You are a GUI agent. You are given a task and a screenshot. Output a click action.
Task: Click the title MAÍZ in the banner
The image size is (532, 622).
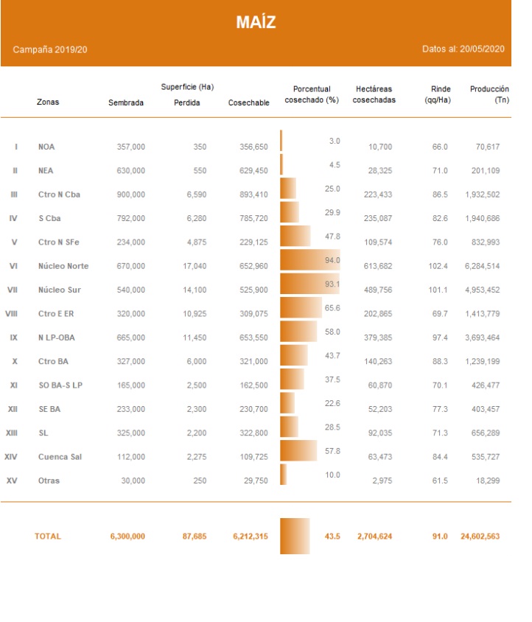pos(256,22)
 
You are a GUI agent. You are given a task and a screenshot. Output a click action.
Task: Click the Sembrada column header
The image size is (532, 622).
pos(126,102)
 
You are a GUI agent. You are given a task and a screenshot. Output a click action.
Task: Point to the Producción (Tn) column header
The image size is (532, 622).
pos(489,94)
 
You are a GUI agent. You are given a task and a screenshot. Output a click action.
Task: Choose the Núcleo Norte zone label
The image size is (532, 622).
pos(63,266)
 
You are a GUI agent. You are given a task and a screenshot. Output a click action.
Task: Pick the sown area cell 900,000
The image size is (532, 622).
pos(131,195)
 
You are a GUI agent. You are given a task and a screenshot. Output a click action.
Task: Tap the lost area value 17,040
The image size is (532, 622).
pos(194,266)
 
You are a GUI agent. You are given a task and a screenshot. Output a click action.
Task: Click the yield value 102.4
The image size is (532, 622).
pos(438,266)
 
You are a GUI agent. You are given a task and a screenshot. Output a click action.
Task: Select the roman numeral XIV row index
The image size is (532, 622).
pos(11,457)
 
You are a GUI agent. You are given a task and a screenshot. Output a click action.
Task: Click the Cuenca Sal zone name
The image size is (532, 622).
pos(60,457)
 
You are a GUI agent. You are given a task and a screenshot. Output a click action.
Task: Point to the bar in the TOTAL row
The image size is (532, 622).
pos(295,536)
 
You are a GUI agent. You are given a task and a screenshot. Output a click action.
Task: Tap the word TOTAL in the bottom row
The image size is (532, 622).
pos(48,536)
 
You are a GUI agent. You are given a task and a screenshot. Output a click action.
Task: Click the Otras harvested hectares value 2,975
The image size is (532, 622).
pos(382,481)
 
